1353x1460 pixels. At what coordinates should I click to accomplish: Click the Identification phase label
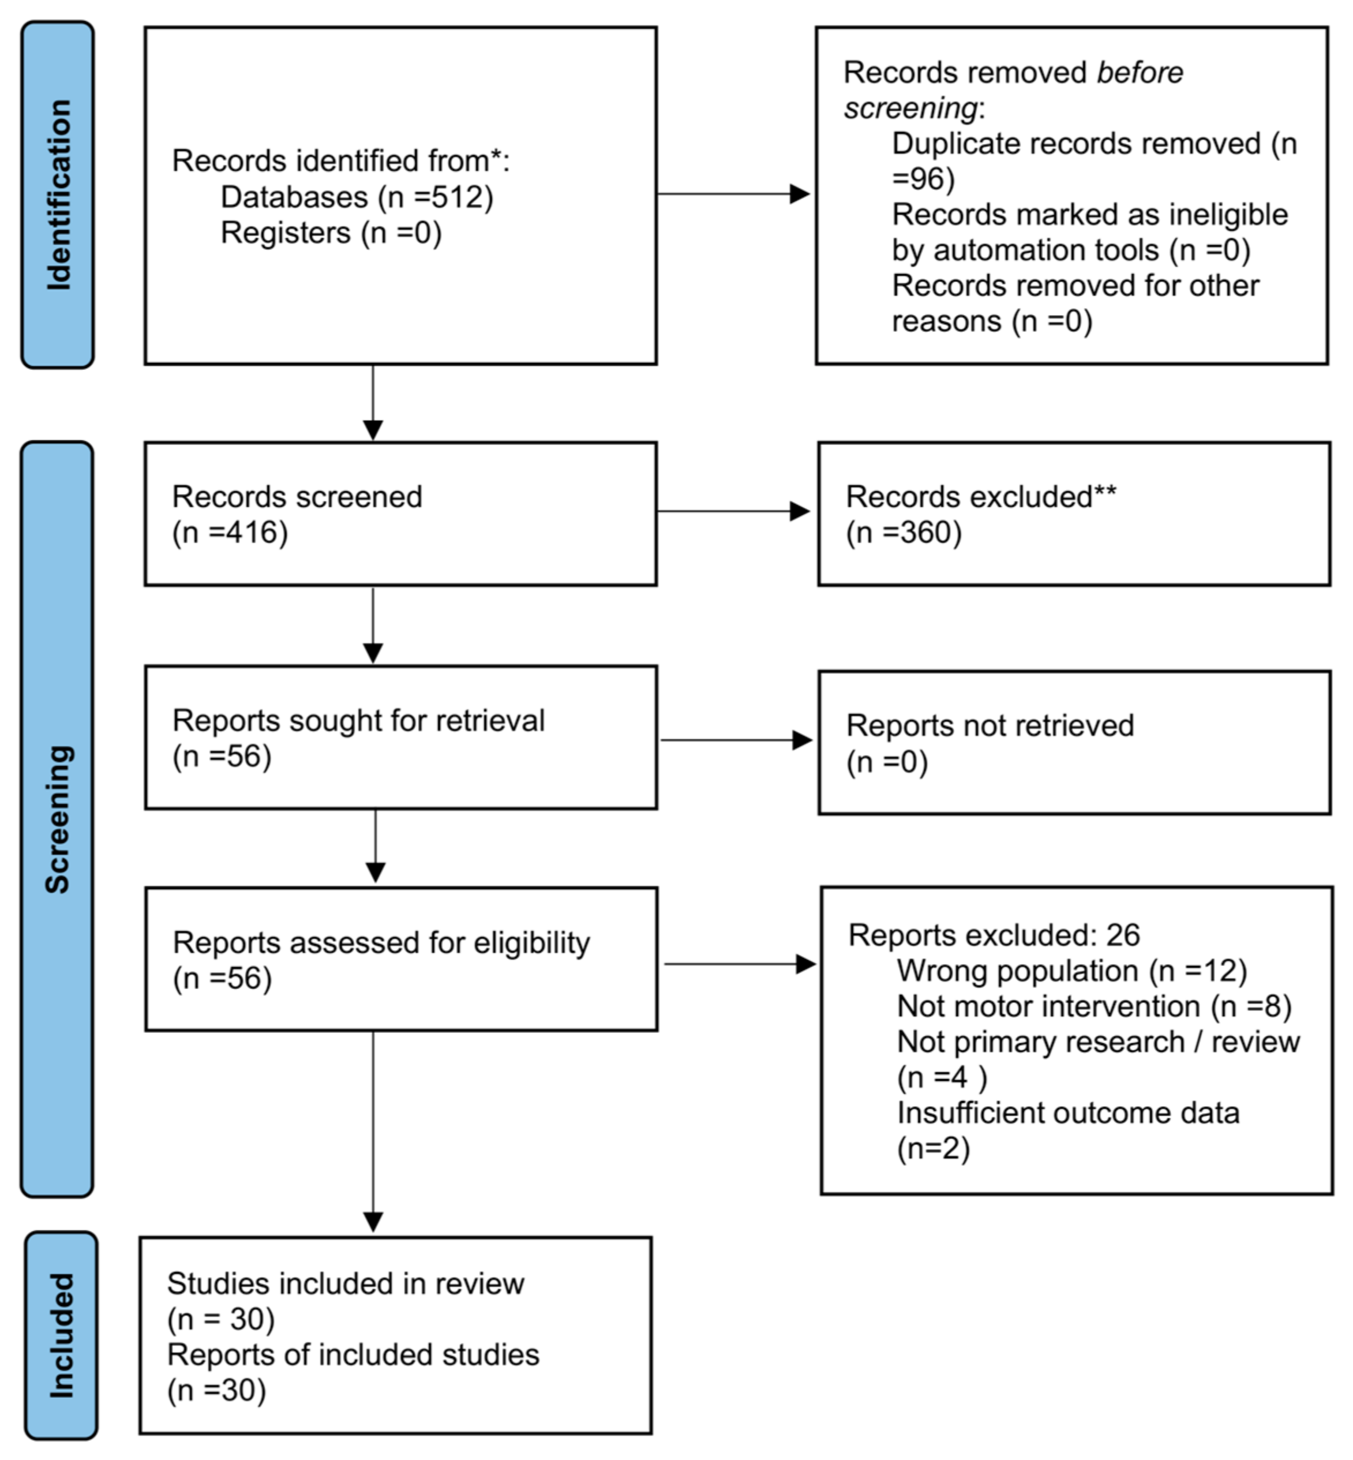click(59, 195)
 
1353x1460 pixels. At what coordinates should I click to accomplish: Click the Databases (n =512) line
click(357, 197)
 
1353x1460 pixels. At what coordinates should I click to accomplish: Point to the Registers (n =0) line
click(331, 233)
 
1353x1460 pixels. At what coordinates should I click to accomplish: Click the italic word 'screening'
click(910, 108)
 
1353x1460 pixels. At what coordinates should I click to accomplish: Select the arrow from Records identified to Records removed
click(733, 194)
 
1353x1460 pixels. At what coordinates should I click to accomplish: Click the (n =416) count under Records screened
click(230, 532)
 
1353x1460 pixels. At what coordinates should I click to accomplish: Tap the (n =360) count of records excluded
click(904, 532)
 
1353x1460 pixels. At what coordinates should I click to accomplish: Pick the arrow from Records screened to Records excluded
click(733, 511)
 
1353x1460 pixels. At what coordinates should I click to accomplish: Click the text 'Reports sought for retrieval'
click(359, 721)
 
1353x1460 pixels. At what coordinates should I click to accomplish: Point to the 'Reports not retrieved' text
click(990, 725)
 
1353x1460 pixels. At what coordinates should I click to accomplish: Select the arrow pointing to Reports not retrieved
click(737, 740)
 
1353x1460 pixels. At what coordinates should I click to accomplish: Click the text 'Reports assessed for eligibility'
click(381, 943)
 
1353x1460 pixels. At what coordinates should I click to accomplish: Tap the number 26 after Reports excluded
click(1123, 935)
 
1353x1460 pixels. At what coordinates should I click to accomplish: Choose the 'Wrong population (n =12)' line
click(1072, 971)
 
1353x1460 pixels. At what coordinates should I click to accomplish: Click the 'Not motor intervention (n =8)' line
click(1094, 1006)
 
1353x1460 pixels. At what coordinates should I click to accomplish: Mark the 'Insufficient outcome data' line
click(1068, 1113)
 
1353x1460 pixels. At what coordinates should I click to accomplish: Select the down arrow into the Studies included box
click(373, 1130)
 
